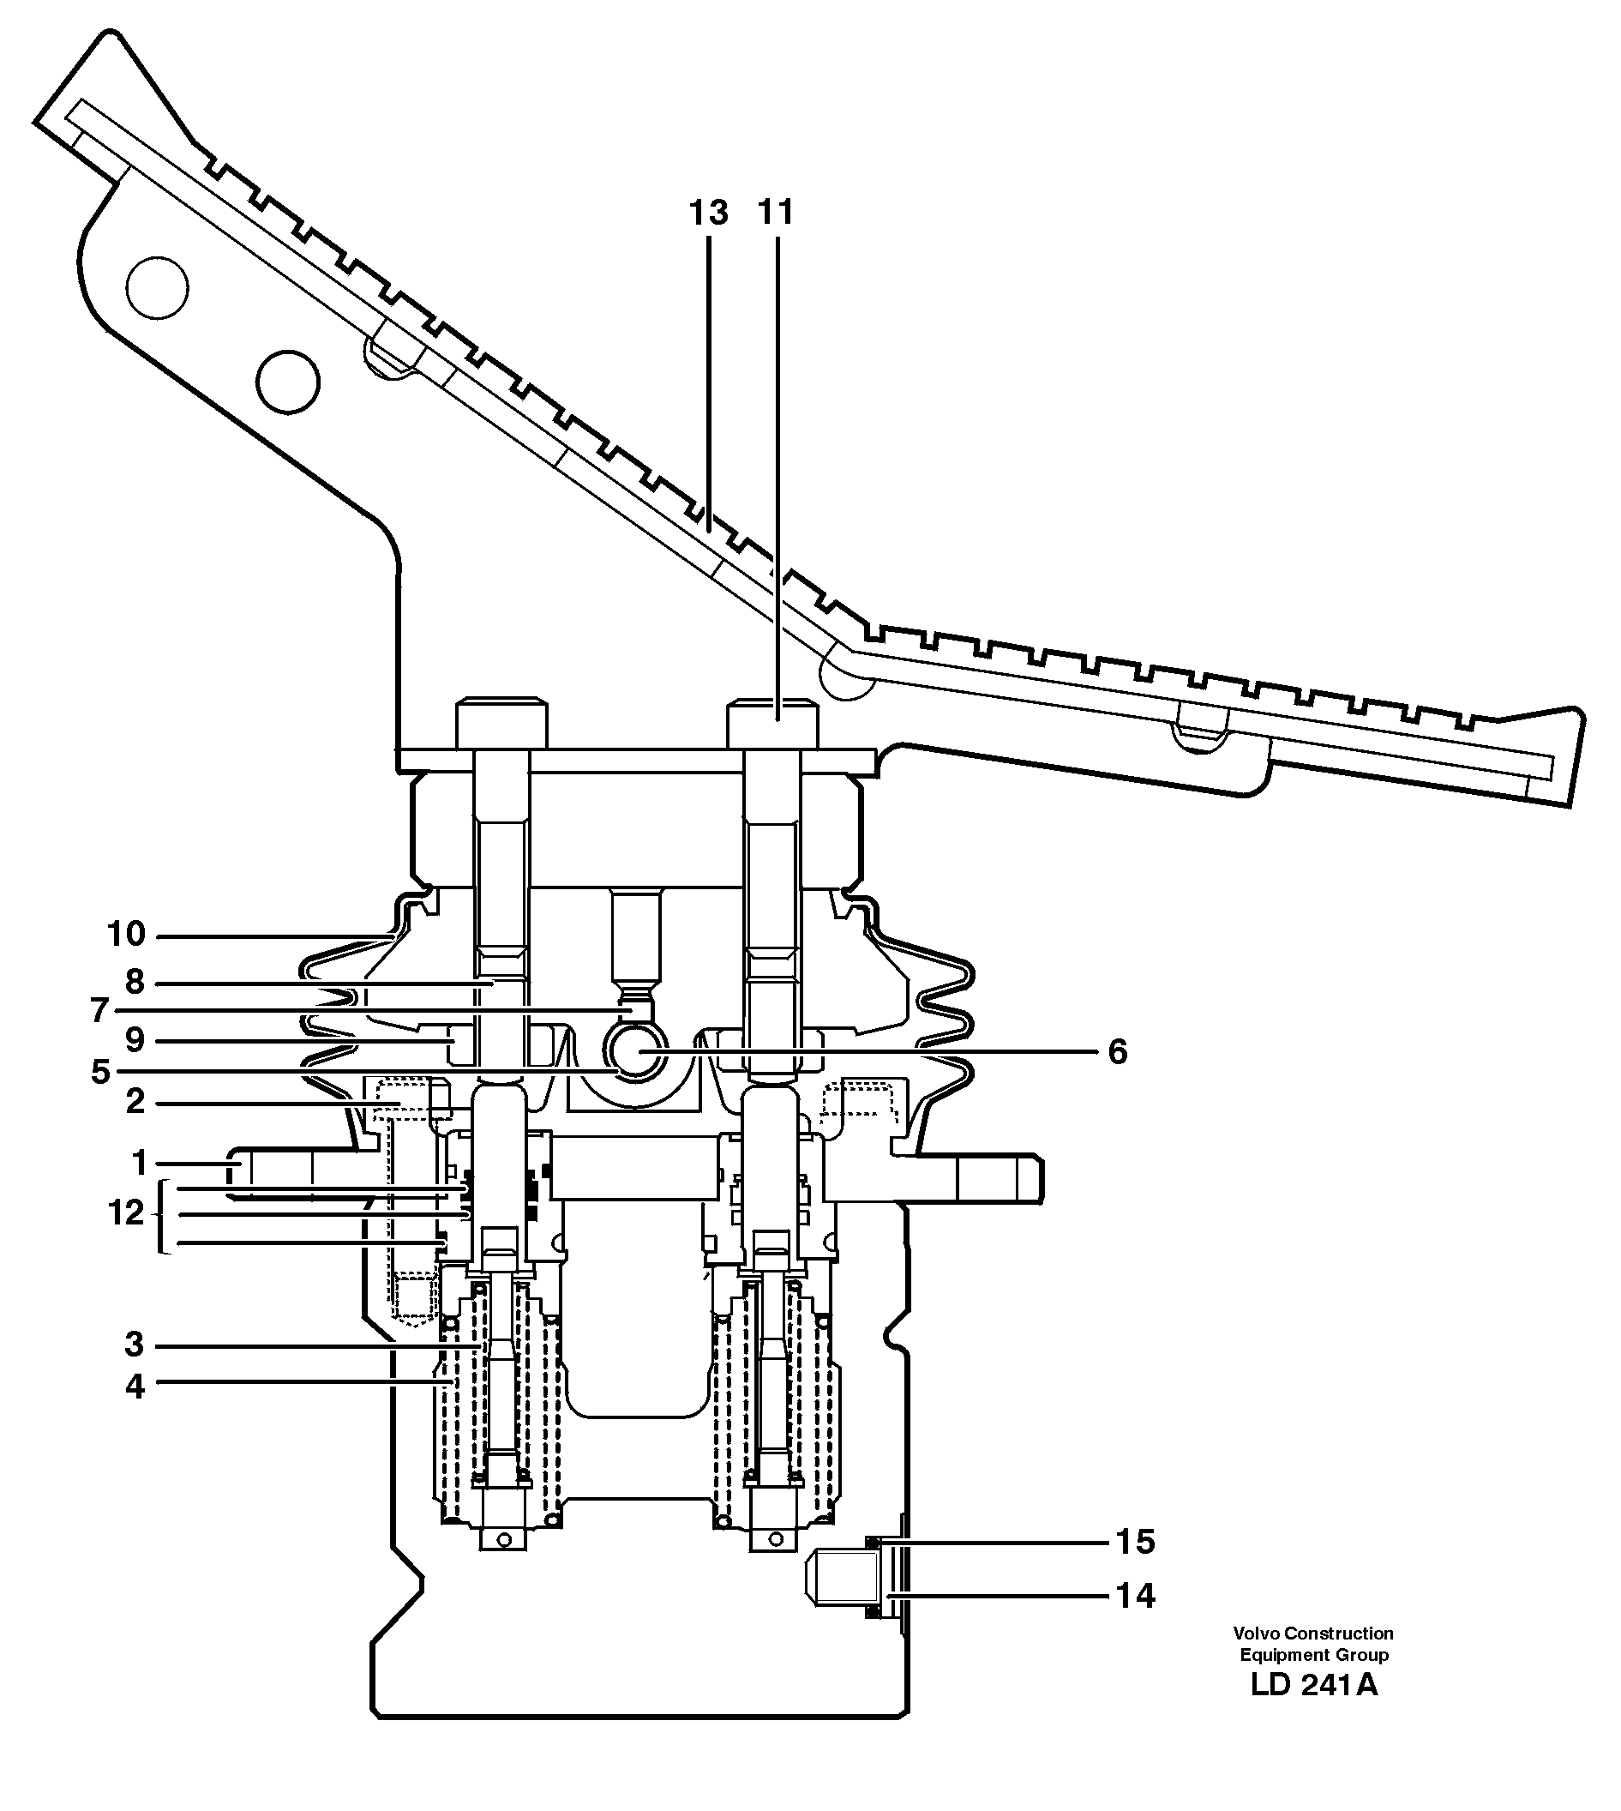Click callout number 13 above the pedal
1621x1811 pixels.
pos(708,214)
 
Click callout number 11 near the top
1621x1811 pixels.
pos(775,214)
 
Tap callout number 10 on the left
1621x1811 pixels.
pos(126,935)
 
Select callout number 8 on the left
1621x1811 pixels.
pos(135,983)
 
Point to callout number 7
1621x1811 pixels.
pos(99,1011)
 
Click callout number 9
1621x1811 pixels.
pos(135,1039)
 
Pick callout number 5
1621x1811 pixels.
pos(100,1072)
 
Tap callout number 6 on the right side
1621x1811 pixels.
pos(1118,1052)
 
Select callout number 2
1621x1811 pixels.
pos(135,1103)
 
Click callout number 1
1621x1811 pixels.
pos(139,1163)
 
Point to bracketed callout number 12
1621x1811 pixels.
pos(126,1213)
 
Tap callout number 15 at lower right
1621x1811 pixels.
pos(1136,1542)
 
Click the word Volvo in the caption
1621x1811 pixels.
pos(1255,1634)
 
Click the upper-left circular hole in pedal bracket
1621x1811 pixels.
pos(158,288)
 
